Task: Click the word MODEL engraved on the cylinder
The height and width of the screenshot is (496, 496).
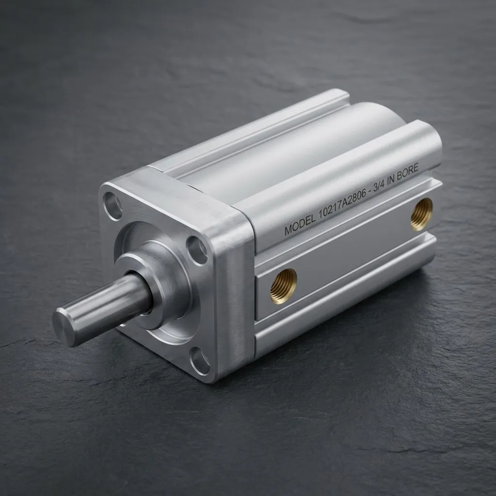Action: pyautogui.click(x=300, y=224)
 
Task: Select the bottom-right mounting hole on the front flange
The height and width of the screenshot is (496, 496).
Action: pyautogui.click(x=200, y=360)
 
